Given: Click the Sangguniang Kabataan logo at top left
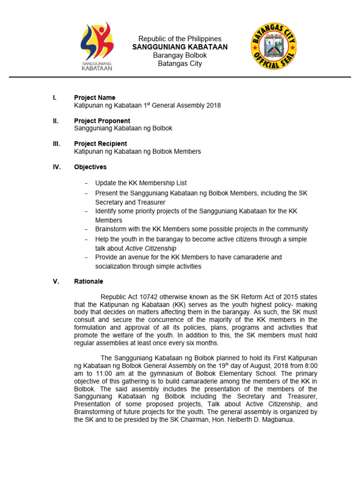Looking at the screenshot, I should [x=97, y=46].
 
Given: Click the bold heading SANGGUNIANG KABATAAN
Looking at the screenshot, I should [x=180, y=47].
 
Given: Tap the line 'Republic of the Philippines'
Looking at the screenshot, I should [x=180, y=38].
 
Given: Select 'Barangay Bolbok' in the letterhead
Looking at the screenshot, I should [x=180, y=55].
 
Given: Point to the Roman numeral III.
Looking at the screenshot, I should [x=56, y=143].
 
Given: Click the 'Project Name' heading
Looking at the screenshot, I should [x=95, y=97].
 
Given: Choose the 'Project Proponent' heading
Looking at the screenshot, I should [x=102, y=120].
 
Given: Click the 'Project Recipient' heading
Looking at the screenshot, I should [x=100, y=143].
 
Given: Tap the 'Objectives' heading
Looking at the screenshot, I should [x=90, y=167].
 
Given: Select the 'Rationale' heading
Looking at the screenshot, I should [x=89, y=282].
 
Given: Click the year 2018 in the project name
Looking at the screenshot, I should [x=213, y=105].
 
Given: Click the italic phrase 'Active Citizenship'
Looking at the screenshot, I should [x=151, y=248].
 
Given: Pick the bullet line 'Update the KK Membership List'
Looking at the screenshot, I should [x=141, y=183].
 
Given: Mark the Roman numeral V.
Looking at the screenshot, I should [x=56, y=282].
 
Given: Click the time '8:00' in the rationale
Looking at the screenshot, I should [x=309, y=366].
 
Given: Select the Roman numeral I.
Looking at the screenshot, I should [x=54, y=97].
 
